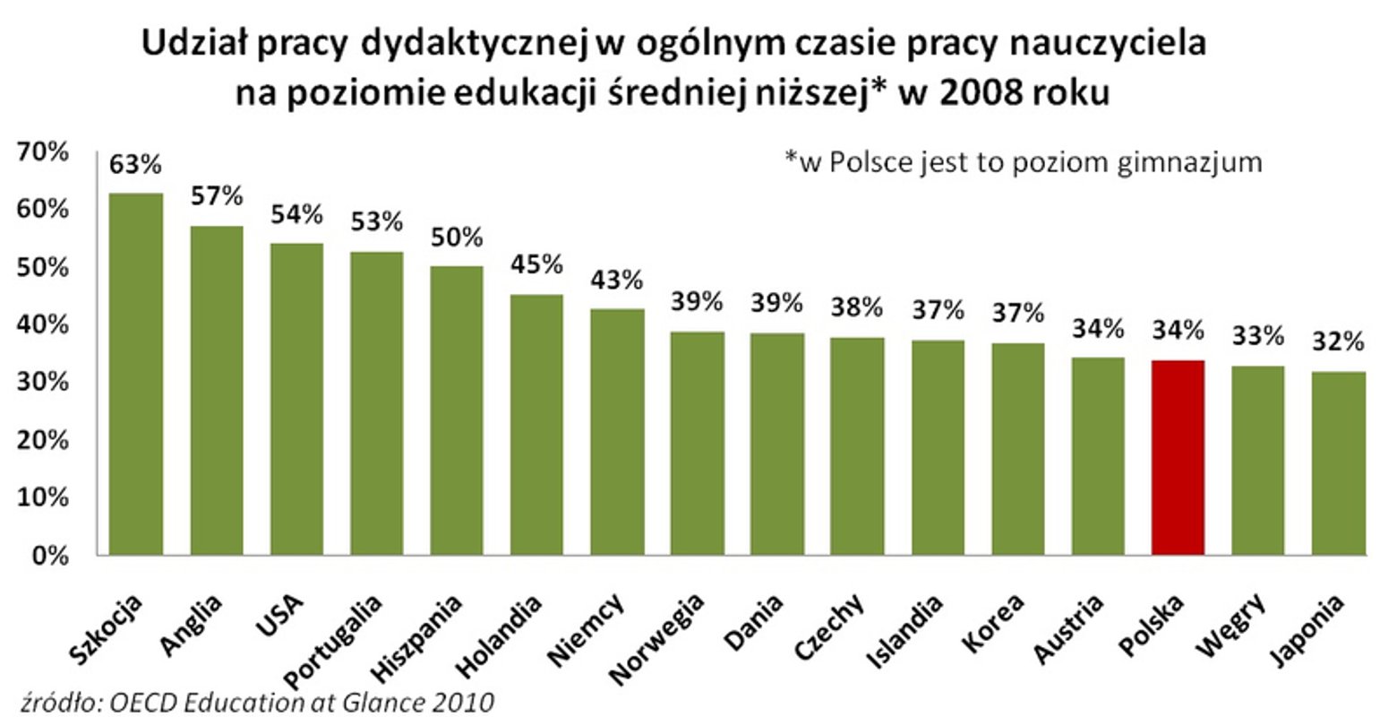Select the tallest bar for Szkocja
(x=135, y=374)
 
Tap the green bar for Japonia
(x=1339, y=463)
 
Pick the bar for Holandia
(x=536, y=425)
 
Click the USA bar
(x=296, y=399)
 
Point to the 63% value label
(x=135, y=166)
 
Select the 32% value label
(x=1339, y=342)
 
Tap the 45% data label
(x=536, y=265)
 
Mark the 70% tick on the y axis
(x=45, y=152)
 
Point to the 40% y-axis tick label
(x=45, y=325)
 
